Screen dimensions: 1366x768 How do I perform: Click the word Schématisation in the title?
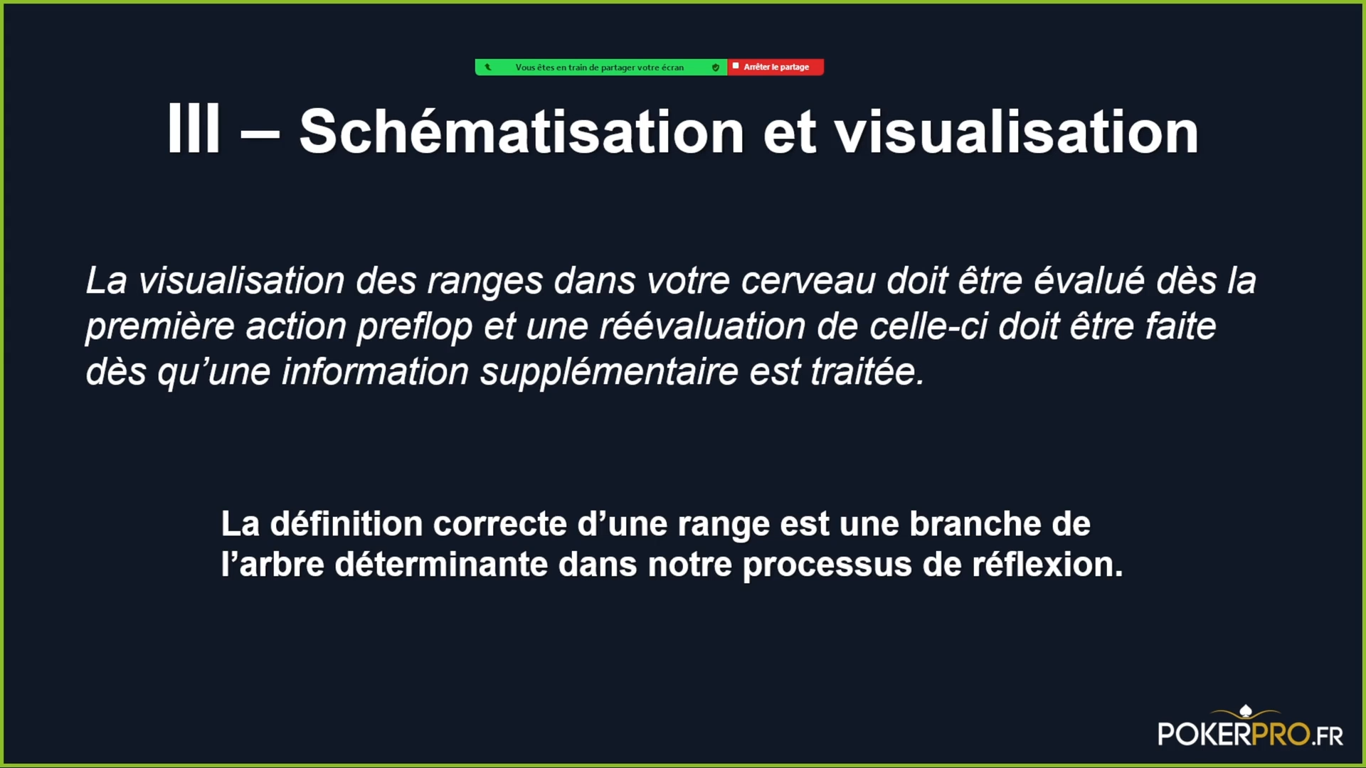pyautogui.click(x=521, y=132)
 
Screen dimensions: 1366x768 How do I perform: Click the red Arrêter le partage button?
pyautogui.click(x=775, y=67)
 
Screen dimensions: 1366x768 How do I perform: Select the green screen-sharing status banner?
pyautogui.click(x=601, y=67)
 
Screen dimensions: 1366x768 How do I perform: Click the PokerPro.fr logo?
pyautogui.click(x=1250, y=727)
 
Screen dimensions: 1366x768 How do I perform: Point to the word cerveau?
pyautogui.click(x=808, y=280)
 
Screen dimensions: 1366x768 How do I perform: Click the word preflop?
pyautogui.click(x=415, y=326)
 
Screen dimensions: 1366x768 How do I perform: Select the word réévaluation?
pyautogui.click(x=703, y=326)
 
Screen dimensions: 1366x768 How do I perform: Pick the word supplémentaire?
pyautogui.click(x=609, y=372)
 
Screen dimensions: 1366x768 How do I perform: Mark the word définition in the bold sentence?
pyautogui.click(x=346, y=524)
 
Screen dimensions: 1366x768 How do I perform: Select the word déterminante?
pyautogui.click(x=441, y=565)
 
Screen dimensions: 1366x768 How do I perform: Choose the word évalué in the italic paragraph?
pyautogui.click(x=1089, y=280)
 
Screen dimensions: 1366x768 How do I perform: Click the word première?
pyautogui.click(x=160, y=326)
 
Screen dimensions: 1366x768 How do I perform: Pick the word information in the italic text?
pyautogui.click(x=375, y=372)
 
